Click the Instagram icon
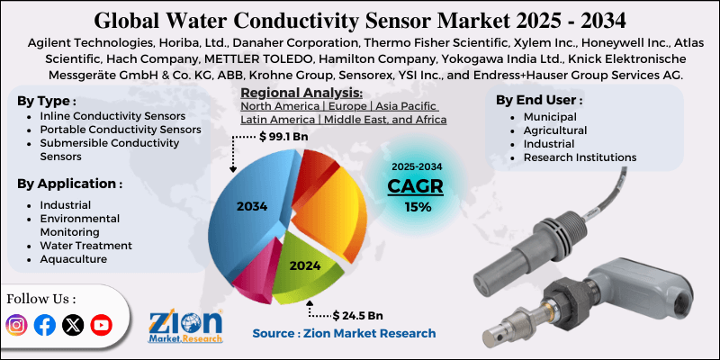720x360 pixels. click(16, 325)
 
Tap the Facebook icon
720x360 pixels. click(44, 325)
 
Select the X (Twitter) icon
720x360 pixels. click(72, 325)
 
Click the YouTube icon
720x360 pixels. click(101, 325)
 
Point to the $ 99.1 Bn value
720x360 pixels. click(288, 137)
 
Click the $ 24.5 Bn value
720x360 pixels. click(357, 316)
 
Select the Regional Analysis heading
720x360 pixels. click(301, 93)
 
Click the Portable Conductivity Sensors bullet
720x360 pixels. click(120, 130)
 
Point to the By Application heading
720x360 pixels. click(69, 184)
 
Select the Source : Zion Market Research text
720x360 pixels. click(345, 334)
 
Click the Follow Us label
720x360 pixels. click(41, 298)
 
